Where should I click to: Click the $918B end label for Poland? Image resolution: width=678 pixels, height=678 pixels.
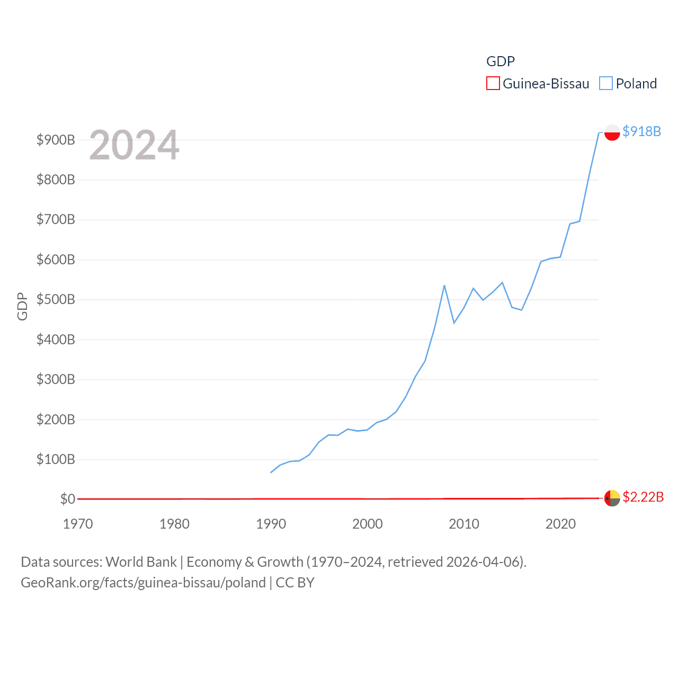pyautogui.click(x=641, y=131)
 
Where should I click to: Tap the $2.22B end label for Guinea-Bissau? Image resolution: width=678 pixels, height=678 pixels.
pyautogui.click(x=643, y=497)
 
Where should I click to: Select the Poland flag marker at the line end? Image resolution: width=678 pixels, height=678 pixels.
pyautogui.click(x=612, y=132)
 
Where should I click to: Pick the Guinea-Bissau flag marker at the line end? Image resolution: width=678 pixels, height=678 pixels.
pyautogui.click(x=612, y=498)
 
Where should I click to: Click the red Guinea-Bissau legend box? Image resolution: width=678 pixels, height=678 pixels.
pyautogui.click(x=493, y=84)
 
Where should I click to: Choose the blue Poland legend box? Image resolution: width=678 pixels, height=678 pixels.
pyautogui.click(x=606, y=84)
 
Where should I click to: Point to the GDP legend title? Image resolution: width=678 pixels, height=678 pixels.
pyautogui.click(x=501, y=61)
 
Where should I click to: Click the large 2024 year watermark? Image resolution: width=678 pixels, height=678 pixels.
pyautogui.click(x=134, y=145)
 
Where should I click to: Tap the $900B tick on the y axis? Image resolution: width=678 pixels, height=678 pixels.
pyautogui.click(x=56, y=140)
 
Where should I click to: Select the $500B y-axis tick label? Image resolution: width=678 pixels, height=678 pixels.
pyautogui.click(x=56, y=299)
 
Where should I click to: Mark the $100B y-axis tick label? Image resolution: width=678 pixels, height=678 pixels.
pyautogui.click(x=56, y=459)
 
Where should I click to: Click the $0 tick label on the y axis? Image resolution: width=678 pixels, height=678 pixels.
pyautogui.click(x=67, y=499)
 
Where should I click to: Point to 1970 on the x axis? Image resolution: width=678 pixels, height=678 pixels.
pyautogui.click(x=78, y=524)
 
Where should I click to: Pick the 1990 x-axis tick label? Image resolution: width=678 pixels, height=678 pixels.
pyautogui.click(x=271, y=524)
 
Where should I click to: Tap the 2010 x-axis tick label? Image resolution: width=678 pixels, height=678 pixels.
pyautogui.click(x=464, y=524)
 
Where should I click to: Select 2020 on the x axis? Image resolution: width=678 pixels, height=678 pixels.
pyautogui.click(x=560, y=524)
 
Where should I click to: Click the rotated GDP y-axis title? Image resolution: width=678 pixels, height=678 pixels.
pyautogui.click(x=22, y=306)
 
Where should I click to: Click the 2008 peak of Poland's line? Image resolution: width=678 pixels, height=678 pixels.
pyautogui.click(x=444, y=286)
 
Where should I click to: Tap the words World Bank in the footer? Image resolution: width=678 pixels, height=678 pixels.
pyautogui.click(x=141, y=561)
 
